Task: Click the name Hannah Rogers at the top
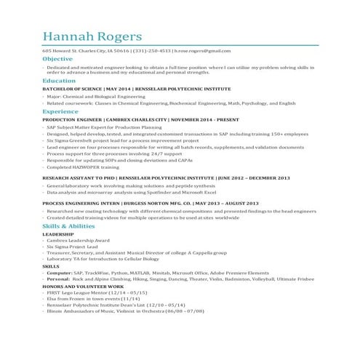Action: (x=92, y=36)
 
